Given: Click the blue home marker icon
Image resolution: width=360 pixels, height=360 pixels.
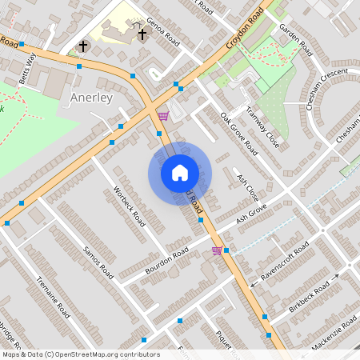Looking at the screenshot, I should (180, 172).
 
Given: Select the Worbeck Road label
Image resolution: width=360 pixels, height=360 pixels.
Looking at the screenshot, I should (128, 206).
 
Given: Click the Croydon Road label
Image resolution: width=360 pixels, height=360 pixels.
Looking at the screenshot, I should (245, 29).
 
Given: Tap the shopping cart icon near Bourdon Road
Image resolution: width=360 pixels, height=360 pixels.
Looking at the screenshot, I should (216, 250).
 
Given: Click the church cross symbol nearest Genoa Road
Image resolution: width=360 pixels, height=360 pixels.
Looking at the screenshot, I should (142, 35).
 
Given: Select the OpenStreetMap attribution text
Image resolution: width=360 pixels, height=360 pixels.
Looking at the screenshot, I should (80, 354).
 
